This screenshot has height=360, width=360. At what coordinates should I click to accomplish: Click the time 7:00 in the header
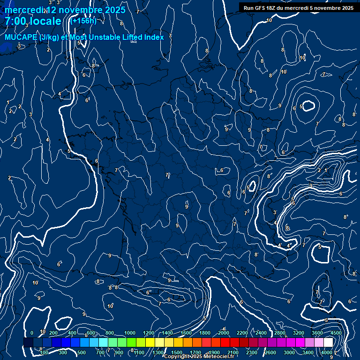(x=15, y=21)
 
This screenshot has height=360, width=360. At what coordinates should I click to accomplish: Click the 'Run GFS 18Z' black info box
(x=298, y=8)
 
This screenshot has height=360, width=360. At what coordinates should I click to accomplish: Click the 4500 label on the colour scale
(x=336, y=333)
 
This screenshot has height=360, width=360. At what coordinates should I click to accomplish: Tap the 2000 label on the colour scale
(x=223, y=333)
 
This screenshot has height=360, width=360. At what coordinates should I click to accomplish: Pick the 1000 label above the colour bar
(x=129, y=333)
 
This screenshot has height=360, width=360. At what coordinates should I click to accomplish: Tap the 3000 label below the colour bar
(x=289, y=352)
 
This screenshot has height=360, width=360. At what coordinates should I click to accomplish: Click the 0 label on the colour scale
(x=32, y=333)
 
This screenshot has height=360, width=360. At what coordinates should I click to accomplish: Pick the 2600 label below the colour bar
(x=270, y=352)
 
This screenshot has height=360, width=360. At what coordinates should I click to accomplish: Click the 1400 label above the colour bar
(x=167, y=333)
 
